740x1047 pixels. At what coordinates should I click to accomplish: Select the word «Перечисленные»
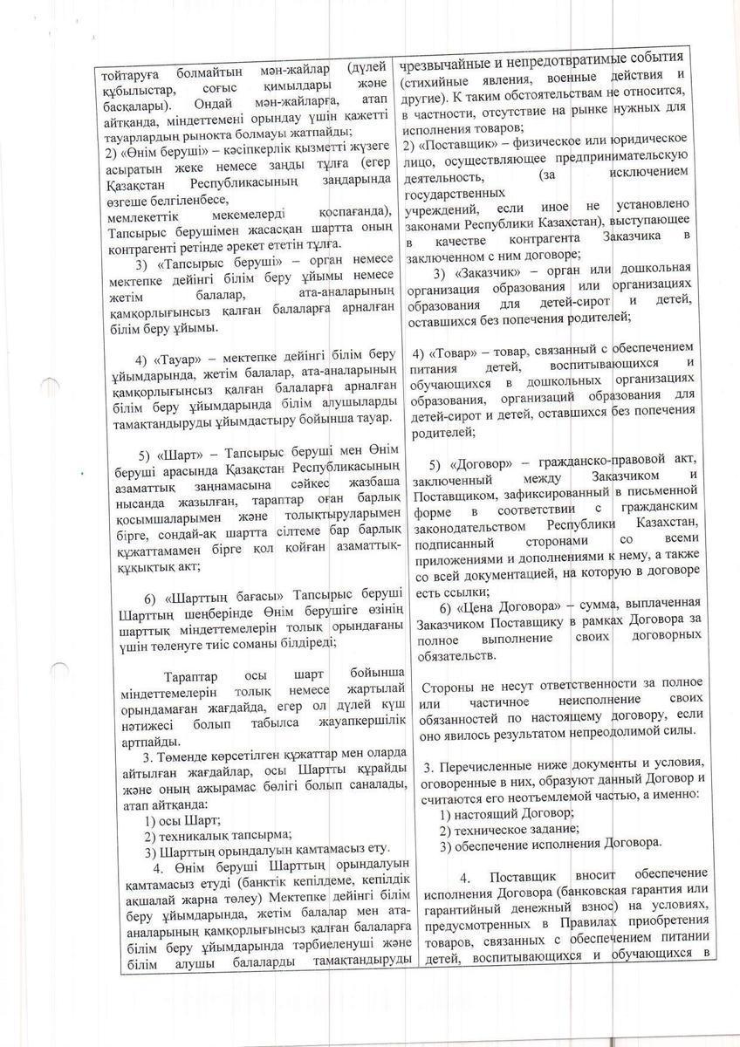pyautogui.click(x=488, y=766)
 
